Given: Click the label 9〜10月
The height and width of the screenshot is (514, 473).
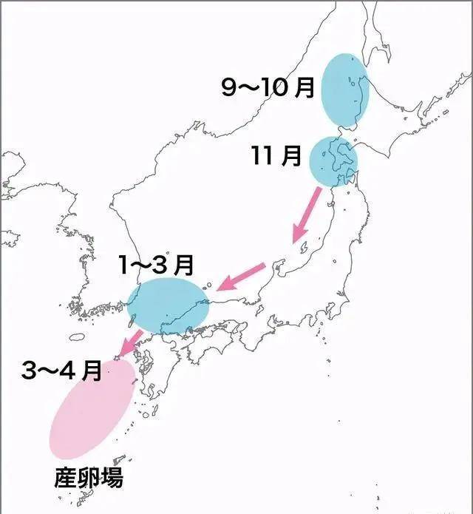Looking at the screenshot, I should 268,87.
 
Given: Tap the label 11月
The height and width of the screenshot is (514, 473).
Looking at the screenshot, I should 276,156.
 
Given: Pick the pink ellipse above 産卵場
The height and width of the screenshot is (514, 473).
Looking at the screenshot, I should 92,407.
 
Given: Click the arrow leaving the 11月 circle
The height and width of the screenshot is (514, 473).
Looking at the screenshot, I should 307,215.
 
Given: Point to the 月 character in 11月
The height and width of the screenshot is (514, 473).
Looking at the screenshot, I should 292,156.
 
